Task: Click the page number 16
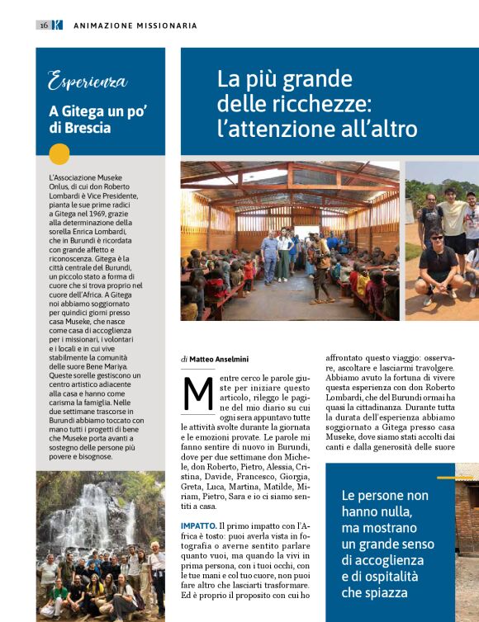click(x=43, y=26)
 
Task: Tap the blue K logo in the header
click(x=57, y=26)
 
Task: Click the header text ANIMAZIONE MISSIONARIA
click(x=135, y=26)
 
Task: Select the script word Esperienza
click(x=88, y=82)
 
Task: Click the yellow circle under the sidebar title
click(x=59, y=154)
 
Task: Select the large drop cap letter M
click(x=198, y=394)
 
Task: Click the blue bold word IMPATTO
click(x=198, y=525)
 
